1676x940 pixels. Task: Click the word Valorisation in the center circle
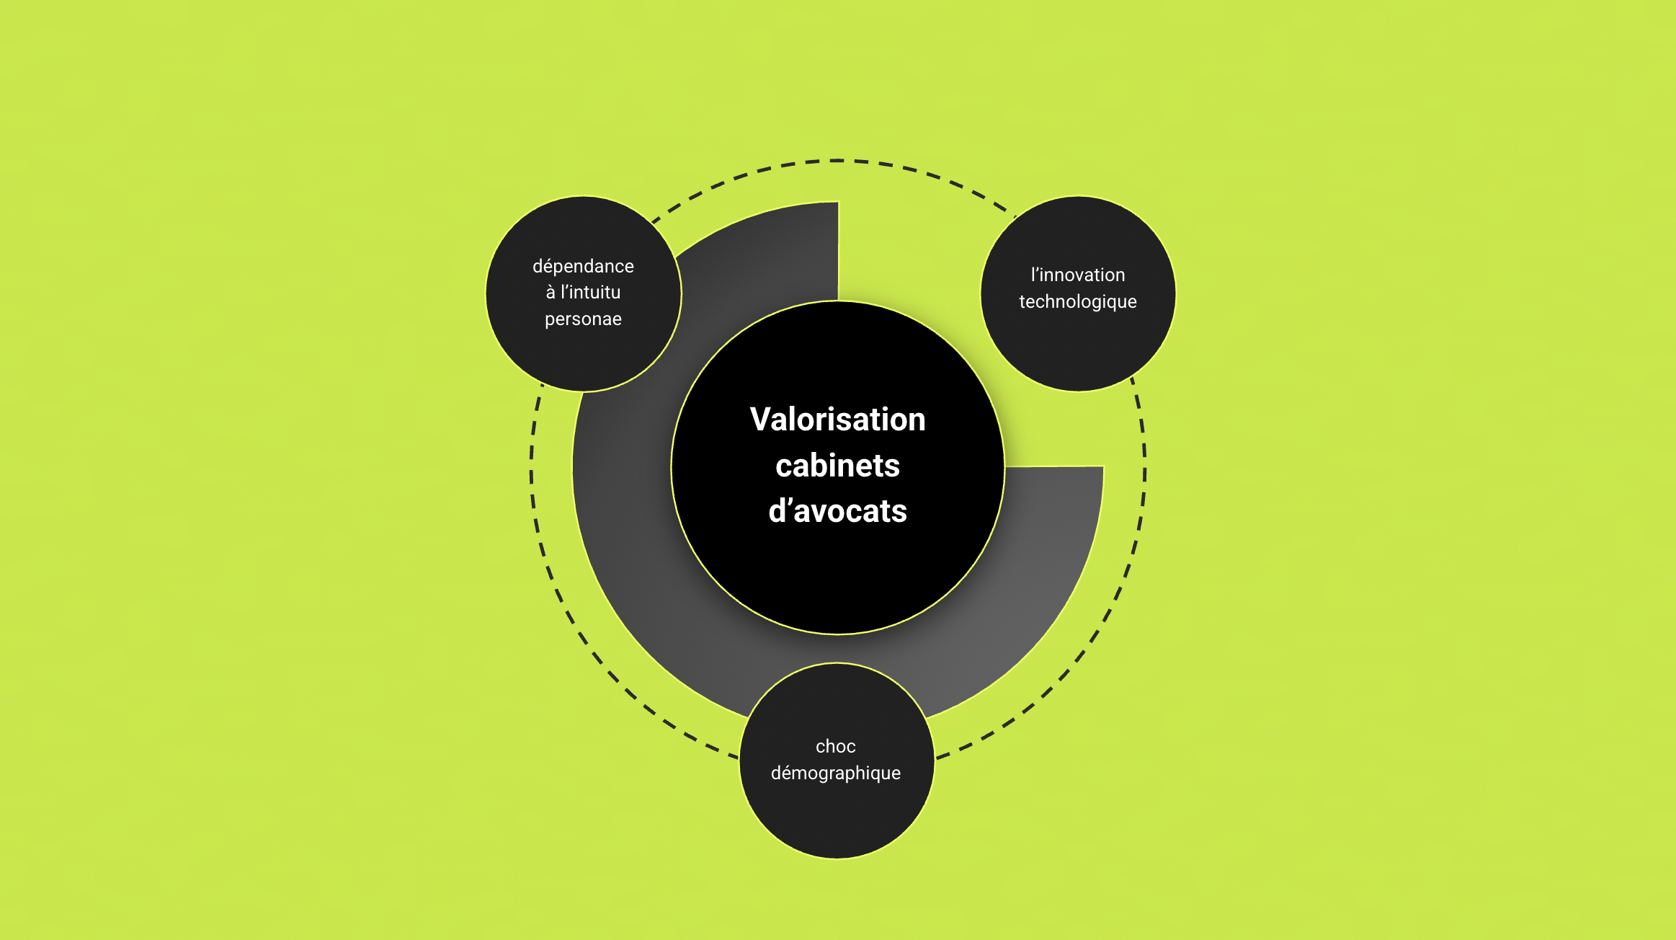837,420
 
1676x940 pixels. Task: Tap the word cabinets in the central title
837,466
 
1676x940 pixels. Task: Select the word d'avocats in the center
837,511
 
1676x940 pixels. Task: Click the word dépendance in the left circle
583,266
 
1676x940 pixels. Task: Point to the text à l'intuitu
583,292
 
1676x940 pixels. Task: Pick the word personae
583,319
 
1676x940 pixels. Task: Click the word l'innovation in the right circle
1077,275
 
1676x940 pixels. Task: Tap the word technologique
1077,301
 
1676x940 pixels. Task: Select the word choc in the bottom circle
835,746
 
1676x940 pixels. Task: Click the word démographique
835,773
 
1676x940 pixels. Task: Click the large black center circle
837,577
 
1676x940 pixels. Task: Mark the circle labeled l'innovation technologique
1078,346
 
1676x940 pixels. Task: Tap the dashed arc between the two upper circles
836,161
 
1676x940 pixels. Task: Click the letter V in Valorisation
759,420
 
